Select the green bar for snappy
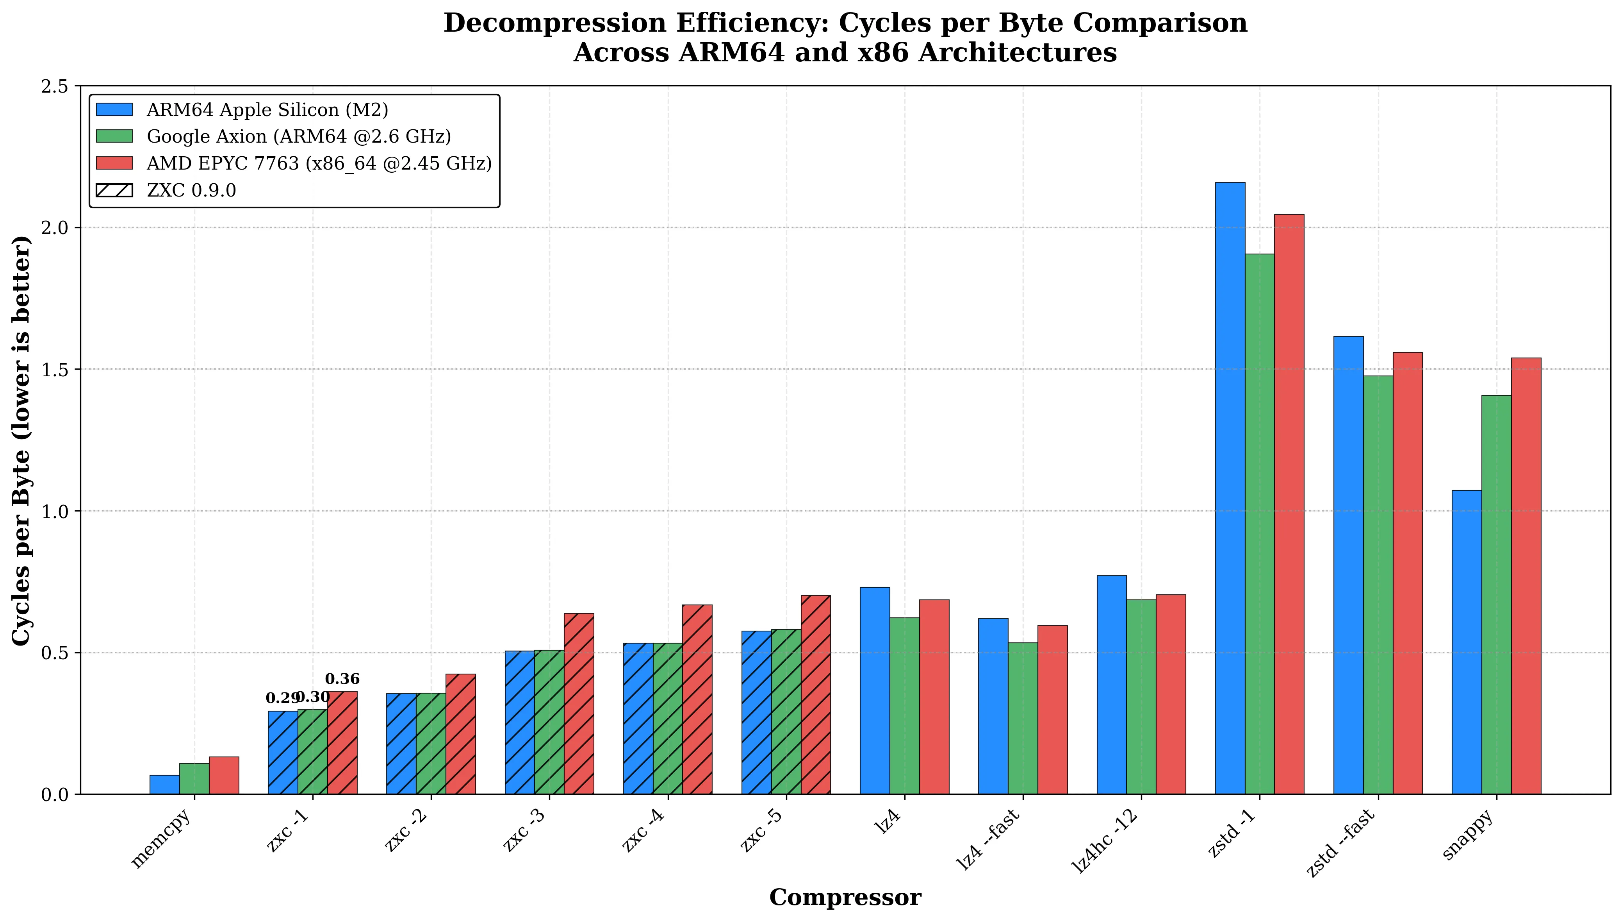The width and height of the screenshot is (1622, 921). [x=1496, y=595]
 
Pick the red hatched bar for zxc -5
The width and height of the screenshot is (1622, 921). [x=815, y=694]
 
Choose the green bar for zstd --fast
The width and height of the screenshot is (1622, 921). [x=1378, y=585]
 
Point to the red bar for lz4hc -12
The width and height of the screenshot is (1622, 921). [x=1171, y=694]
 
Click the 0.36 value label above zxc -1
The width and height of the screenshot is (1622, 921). [x=342, y=680]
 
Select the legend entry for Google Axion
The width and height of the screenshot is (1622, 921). [x=298, y=137]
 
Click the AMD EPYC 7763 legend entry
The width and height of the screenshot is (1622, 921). [x=319, y=163]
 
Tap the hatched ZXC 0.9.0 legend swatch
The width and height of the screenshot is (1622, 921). [x=114, y=190]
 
